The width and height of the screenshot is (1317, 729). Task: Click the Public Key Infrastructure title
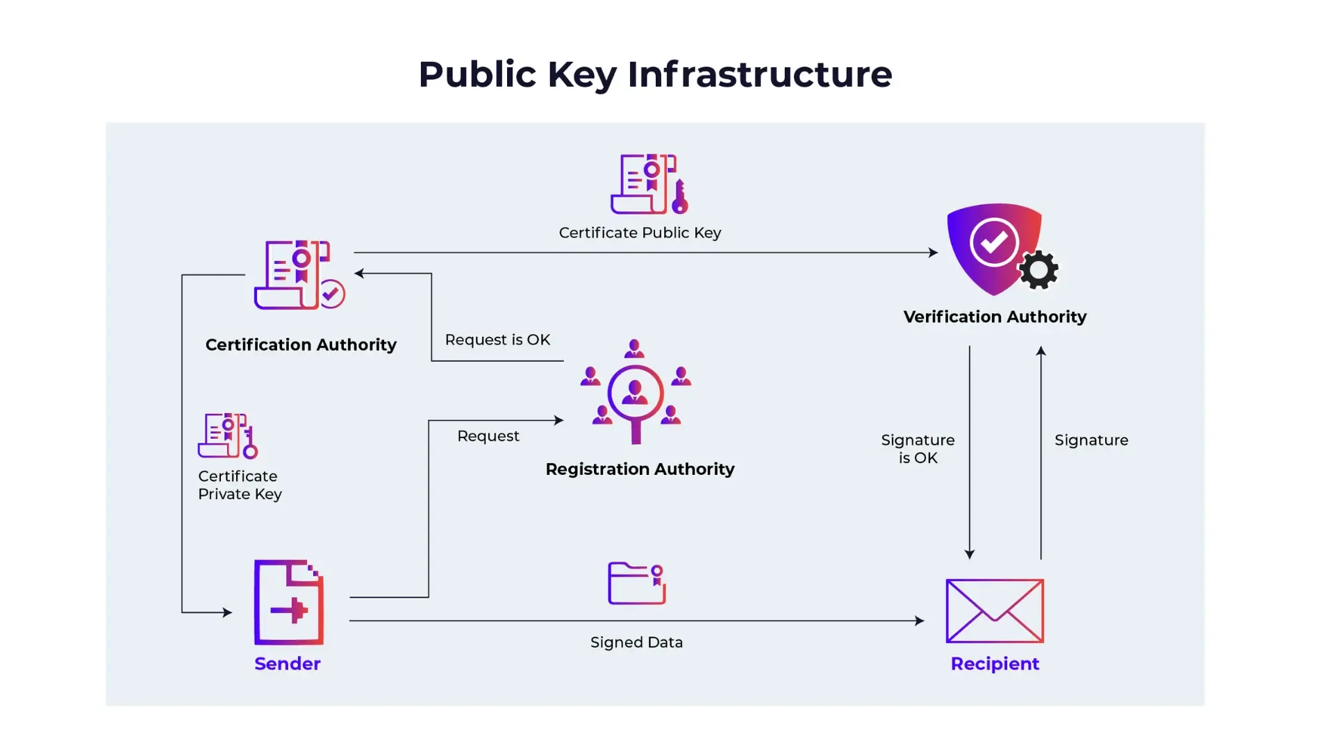(x=655, y=74)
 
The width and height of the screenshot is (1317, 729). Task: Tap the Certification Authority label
(x=301, y=345)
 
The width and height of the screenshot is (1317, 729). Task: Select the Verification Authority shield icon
(x=994, y=249)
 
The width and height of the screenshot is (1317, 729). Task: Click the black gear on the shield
(x=1038, y=270)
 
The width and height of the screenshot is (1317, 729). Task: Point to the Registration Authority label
(x=640, y=469)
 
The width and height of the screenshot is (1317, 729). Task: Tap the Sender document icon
(x=288, y=603)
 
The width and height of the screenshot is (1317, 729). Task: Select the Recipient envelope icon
(x=995, y=611)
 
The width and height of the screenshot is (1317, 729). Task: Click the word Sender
(x=288, y=664)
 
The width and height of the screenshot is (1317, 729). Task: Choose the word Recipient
(x=995, y=664)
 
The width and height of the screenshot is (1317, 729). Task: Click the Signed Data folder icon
(x=637, y=583)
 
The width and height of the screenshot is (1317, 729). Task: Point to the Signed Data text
(x=636, y=642)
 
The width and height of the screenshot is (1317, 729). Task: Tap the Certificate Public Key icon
(x=649, y=184)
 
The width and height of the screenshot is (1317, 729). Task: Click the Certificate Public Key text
(x=640, y=233)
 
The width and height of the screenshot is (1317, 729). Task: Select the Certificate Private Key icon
(x=228, y=436)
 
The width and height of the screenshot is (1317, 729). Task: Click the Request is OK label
(x=497, y=340)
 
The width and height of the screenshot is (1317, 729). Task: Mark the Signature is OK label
(x=918, y=449)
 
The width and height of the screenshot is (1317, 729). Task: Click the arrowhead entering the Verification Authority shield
(x=934, y=253)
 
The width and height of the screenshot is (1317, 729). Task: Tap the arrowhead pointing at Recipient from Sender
(x=920, y=621)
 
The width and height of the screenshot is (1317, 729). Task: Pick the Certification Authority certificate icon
(x=299, y=275)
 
